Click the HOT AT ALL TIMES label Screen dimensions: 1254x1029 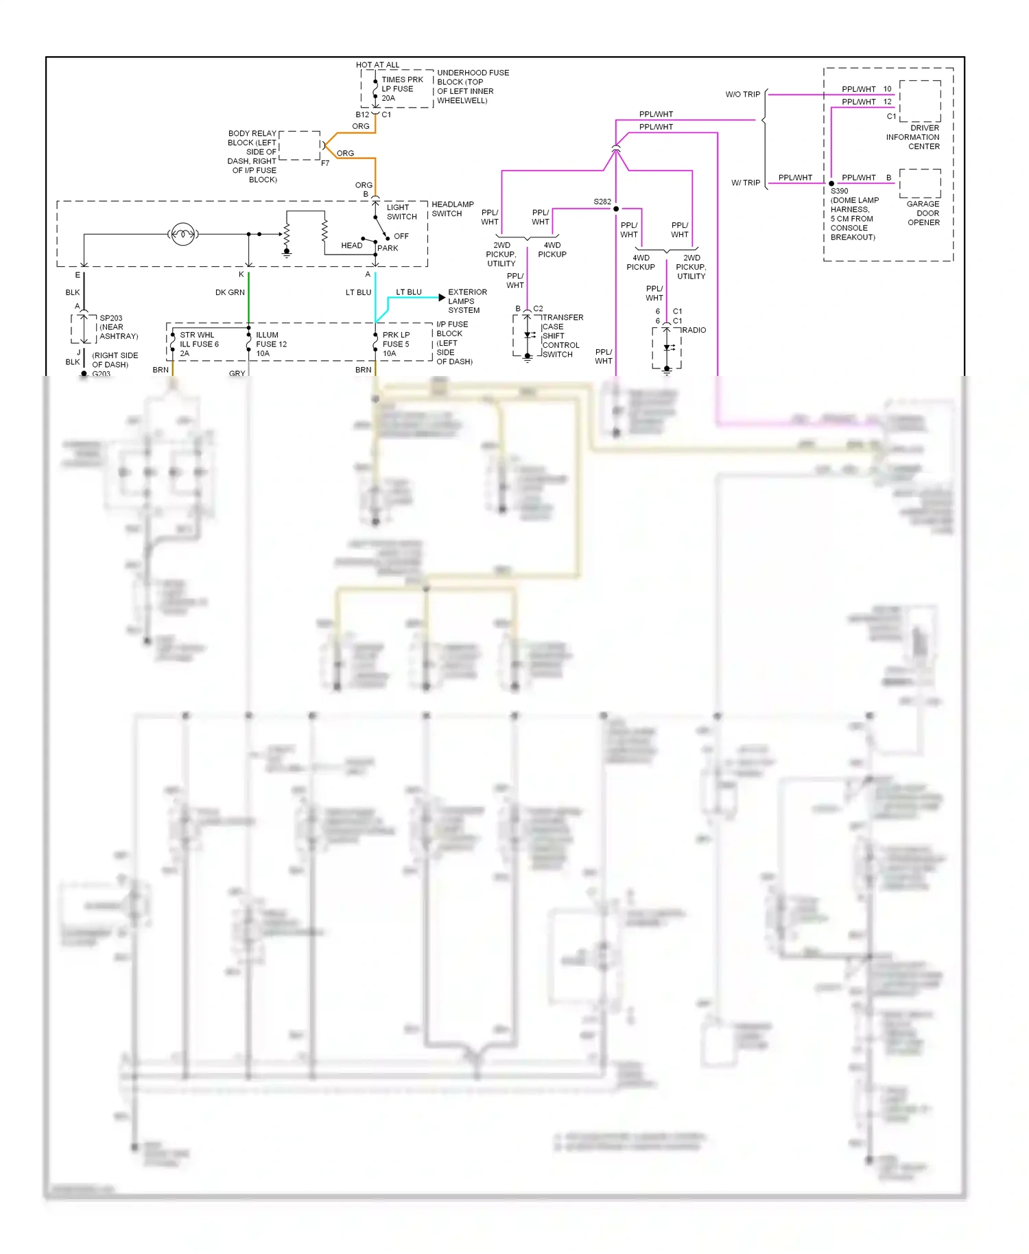click(377, 65)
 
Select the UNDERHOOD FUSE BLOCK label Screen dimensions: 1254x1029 click(472, 86)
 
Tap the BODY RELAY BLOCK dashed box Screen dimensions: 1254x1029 click(300, 145)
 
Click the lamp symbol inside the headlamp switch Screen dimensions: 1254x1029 click(182, 235)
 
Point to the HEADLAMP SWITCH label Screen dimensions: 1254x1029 click(452, 209)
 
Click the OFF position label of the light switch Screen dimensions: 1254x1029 click(401, 236)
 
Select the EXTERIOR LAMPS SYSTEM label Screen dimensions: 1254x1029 click(466, 301)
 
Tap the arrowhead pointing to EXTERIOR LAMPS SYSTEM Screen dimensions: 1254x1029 click(442, 297)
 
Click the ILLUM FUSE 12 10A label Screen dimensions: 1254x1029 click(271, 344)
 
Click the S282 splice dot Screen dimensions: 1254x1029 click(616, 209)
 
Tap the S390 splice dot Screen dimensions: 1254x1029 click(831, 184)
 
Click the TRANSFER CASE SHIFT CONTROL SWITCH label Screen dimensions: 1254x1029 click(562, 336)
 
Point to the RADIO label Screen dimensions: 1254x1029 click(694, 331)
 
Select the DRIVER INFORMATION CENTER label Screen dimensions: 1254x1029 click(913, 137)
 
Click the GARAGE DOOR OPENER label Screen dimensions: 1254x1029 click(923, 213)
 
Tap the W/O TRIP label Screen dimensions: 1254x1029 click(742, 95)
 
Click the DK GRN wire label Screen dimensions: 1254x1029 click(230, 293)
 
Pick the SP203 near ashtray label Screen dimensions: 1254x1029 click(118, 327)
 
